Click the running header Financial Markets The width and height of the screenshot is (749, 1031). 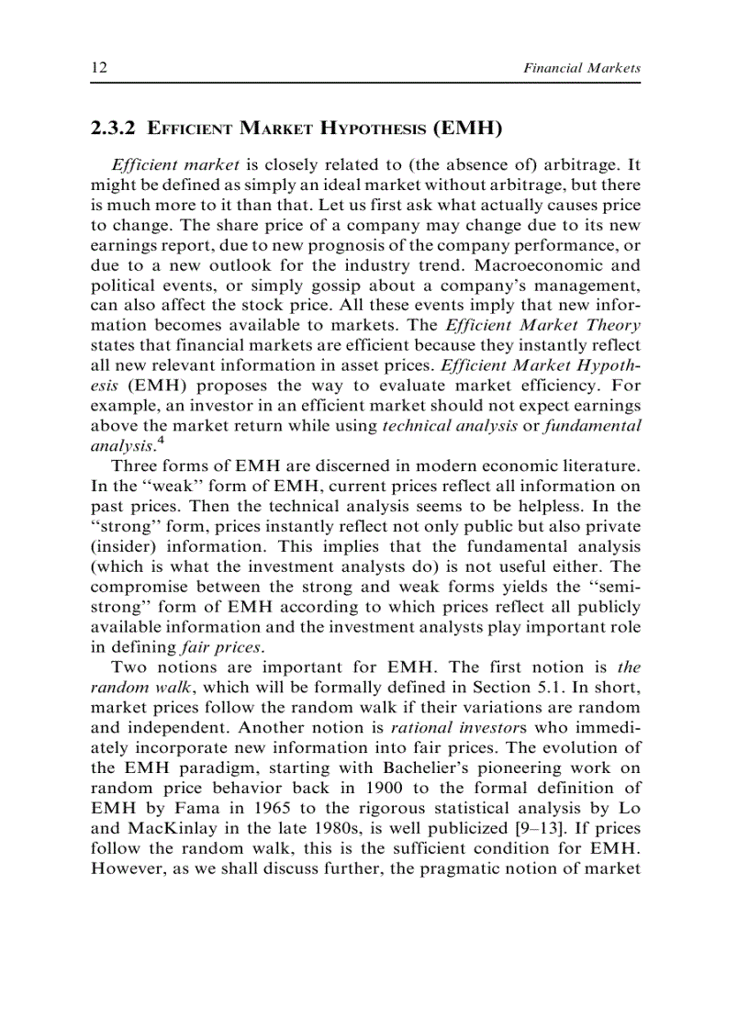[x=581, y=68]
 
